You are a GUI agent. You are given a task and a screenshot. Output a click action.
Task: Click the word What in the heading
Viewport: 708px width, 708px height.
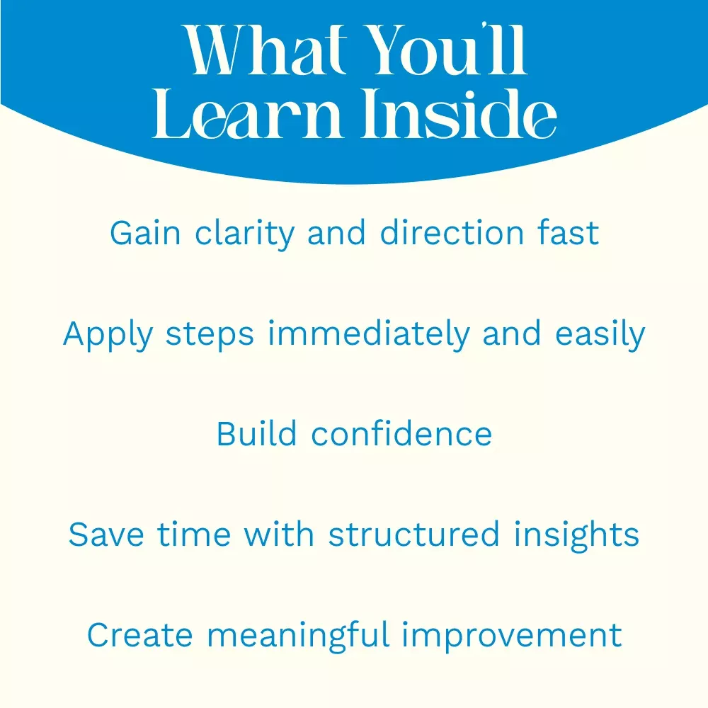[265, 50]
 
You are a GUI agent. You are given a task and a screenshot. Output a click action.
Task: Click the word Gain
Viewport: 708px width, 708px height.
[145, 233]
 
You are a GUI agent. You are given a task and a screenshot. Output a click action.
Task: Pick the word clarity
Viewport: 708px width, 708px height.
[245, 234]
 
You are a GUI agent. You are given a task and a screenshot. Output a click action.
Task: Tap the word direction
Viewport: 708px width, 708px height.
[452, 233]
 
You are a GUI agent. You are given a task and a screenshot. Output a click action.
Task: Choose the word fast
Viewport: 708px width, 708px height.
[568, 233]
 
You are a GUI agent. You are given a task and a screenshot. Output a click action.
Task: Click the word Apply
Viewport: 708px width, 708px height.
[108, 335]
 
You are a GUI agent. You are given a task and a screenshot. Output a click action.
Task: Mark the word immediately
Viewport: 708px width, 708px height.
[369, 335]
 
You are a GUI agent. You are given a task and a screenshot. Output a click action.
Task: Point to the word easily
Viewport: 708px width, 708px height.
[600, 335]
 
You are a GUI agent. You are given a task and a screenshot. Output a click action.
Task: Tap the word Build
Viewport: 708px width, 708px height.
[256, 434]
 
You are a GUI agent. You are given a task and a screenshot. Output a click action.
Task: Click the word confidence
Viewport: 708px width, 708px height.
[401, 434]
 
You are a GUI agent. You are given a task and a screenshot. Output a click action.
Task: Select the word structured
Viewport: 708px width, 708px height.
[413, 535]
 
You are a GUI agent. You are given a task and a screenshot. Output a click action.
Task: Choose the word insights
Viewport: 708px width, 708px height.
[576, 536]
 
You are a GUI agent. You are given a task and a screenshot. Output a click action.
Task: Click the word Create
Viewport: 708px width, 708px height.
[139, 635]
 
